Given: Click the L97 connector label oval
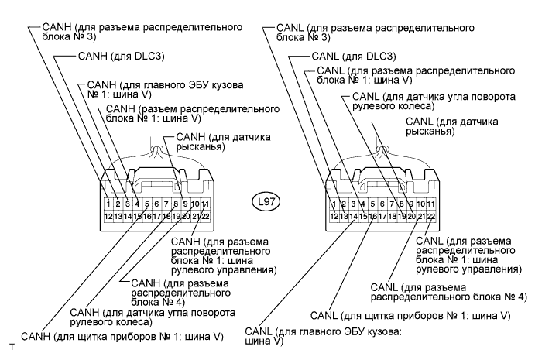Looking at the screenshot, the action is (x=266, y=202).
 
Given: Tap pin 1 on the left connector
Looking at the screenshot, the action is (x=108, y=204).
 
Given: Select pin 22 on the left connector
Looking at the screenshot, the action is (x=205, y=216).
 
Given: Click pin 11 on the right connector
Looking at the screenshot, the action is (x=431, y=204).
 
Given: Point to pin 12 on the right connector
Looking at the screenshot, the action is (x=334, y=216).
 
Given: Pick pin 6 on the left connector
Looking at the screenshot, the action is (x=156, y=204).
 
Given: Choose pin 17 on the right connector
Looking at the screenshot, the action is (x=382, y=216).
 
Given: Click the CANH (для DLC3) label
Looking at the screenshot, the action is (x=121, y=56).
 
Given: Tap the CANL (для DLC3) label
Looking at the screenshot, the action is (x=354, y=56).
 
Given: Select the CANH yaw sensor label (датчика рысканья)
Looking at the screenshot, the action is (x=223, y=142).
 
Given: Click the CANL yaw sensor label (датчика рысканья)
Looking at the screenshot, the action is (x=451, y=126).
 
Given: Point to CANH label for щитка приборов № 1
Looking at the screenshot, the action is (x=122, y=337).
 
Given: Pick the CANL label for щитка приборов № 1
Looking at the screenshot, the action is (x=410, y=316).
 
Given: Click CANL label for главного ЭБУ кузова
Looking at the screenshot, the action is (x=323, y=336).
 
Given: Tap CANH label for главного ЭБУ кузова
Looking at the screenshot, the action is (x=166, y=89).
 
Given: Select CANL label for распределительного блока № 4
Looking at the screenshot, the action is (x=449, y=293).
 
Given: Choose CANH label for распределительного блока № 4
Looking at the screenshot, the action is (x=181, y=293).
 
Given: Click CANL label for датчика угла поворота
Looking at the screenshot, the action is (x=434, y=101).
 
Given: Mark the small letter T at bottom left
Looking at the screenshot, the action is (x=12, y=347).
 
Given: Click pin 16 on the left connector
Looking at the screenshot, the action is (x=147, y=216).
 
